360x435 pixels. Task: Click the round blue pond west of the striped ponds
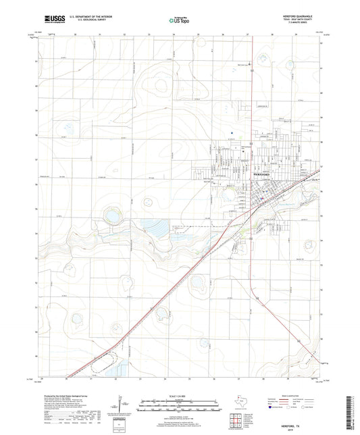click(x=110, y=216)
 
